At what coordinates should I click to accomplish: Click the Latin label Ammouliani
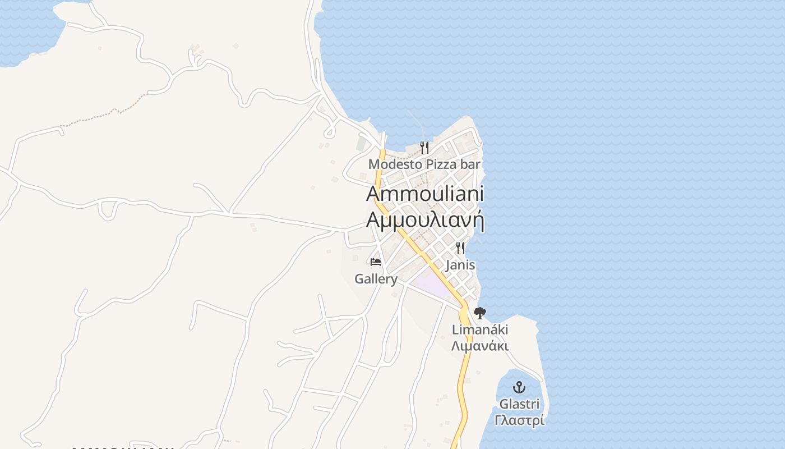425,194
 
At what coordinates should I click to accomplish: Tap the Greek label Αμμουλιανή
425,219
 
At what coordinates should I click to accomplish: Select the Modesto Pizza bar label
424,164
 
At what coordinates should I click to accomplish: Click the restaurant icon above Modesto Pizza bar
424,148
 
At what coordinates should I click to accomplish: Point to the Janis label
460,265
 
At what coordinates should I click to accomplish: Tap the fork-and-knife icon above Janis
460,248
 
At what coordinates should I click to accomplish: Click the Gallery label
376,279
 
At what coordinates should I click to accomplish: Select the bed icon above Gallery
376,262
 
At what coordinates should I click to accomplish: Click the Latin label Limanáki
480,330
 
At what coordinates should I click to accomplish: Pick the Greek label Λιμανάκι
480,346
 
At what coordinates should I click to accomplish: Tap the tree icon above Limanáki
479,313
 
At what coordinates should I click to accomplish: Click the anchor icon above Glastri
519,387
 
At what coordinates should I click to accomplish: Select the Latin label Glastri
519,404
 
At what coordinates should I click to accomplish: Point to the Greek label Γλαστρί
519,420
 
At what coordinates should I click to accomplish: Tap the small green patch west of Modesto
361,144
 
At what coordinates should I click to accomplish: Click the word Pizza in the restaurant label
440,164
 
